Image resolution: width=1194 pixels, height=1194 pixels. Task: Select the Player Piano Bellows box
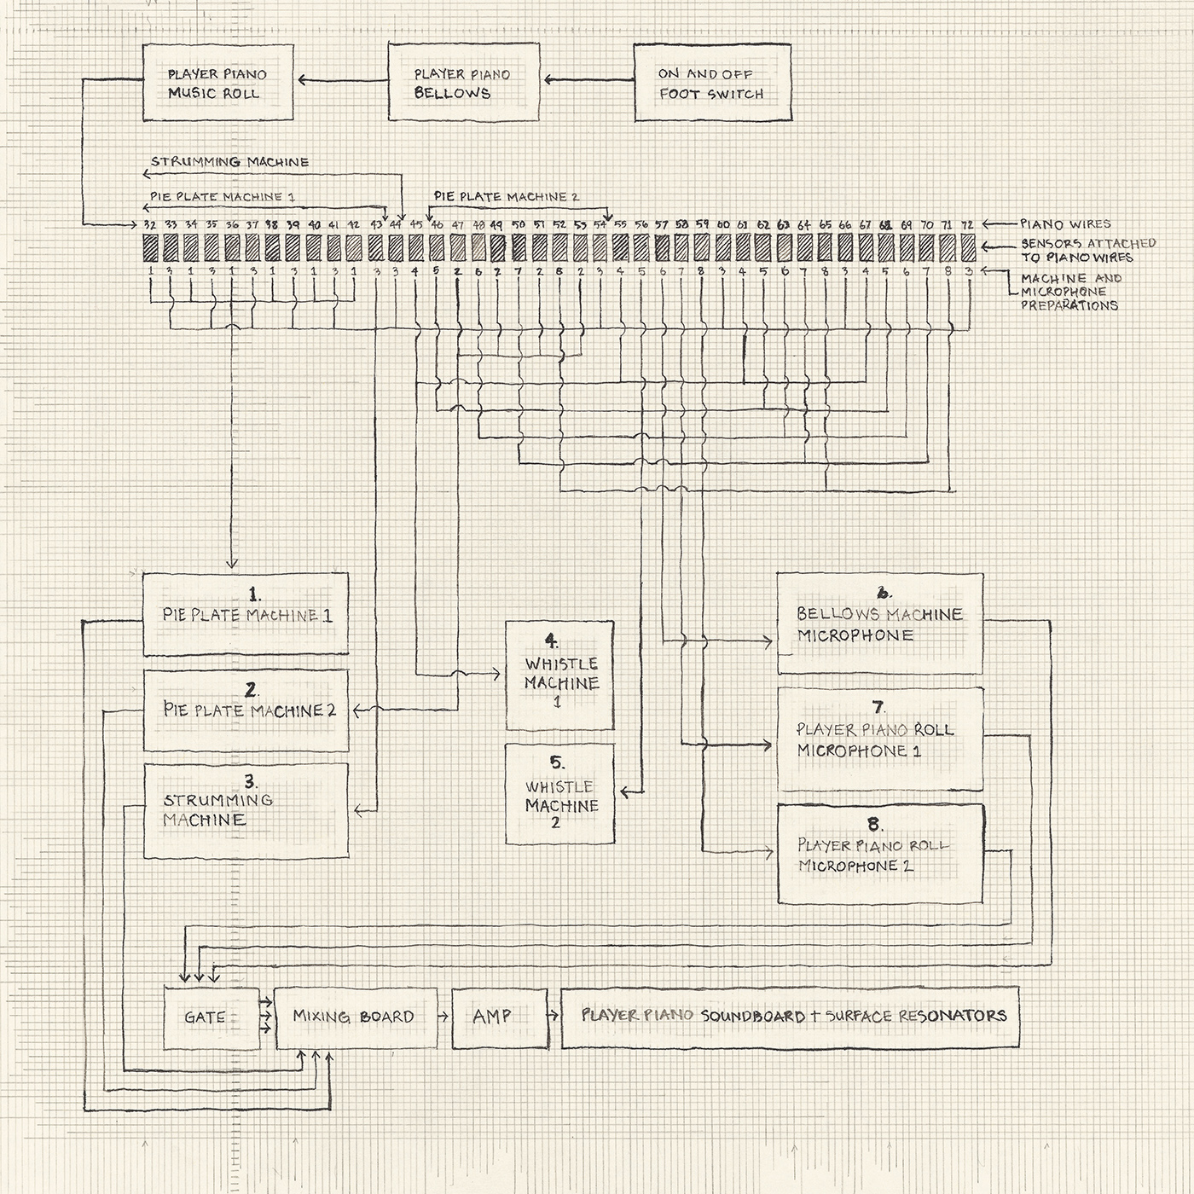(x=464, y=84)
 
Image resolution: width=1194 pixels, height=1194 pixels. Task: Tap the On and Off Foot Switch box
(x=712, y=84)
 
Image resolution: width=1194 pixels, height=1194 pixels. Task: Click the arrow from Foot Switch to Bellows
(x=588, y=81)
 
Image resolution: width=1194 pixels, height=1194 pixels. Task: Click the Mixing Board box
(x=356, y=1017)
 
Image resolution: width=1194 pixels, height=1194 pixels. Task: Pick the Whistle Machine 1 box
(x=559, y=675)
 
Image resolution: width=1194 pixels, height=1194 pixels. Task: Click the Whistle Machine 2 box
(x=559, y=794)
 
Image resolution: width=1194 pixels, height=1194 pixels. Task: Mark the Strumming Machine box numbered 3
(x=246, y=810)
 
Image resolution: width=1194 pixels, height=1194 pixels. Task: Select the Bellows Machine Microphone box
(x=879, y=624)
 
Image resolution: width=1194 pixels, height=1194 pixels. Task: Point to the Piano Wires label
(x=1066, y=224)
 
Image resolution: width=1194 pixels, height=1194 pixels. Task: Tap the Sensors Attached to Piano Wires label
(x=1087, y=250)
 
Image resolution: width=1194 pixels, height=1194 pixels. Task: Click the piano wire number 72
(x=967, y=224)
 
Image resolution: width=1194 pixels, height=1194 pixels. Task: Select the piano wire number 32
(x=150, y=224)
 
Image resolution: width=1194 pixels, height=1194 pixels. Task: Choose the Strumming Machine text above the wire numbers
(x=230, y=162)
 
